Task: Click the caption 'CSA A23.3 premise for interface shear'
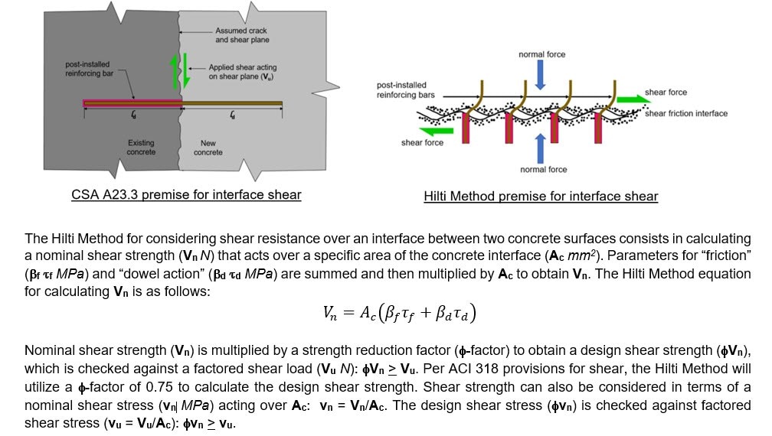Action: (186, 195)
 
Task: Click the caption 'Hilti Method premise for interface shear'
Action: (541, 197)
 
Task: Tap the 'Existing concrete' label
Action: (141, 148)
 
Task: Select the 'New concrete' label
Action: (208, 148)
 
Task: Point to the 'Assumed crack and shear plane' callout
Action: (242, 35)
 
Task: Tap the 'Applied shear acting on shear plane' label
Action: (241, 72)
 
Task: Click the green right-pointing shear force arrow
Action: (629, 99)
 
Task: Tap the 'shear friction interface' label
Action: (685, 114)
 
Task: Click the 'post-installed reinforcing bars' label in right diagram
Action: (406, 90)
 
